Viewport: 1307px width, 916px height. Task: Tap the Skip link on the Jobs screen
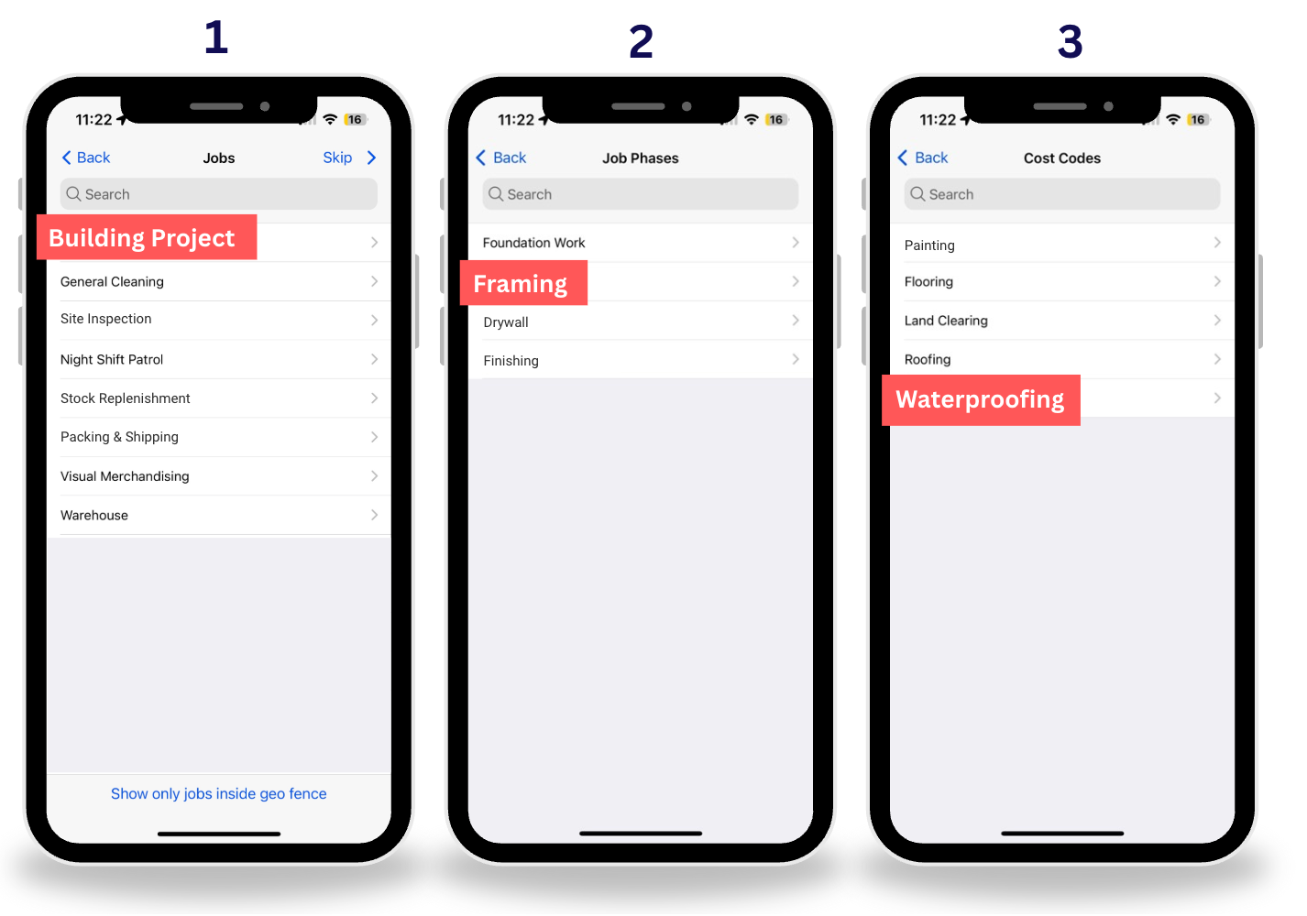click(337, 158)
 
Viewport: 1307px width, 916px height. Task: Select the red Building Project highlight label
click(147, 236)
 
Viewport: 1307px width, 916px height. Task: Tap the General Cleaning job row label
click(112, 281)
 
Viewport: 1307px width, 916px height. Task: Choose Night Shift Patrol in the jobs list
click(112, 359)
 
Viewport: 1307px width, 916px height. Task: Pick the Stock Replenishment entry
click(125, 398)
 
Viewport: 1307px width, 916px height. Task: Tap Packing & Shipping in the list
click(119, 437)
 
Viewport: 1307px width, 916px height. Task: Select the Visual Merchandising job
click(125, 476)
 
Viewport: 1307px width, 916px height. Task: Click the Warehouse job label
click(93, 516)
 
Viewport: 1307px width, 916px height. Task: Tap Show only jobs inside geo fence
click(219, 793)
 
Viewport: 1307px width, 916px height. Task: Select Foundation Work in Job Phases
click(533, 243)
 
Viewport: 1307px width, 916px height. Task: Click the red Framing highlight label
click(523, 283)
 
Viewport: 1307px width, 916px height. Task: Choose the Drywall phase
click(505, 322)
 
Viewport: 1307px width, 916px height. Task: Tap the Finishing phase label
click(511, 361)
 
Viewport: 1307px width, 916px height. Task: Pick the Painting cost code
click(928, 245)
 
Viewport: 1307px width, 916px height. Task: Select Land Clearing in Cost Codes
click(946, 321)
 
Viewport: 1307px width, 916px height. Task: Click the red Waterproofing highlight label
click(981, 400)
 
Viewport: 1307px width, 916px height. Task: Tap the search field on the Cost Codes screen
click(1062, 194)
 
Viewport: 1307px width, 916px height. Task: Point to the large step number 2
click(641, 41)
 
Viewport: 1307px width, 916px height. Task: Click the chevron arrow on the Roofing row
click(1217, 359)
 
